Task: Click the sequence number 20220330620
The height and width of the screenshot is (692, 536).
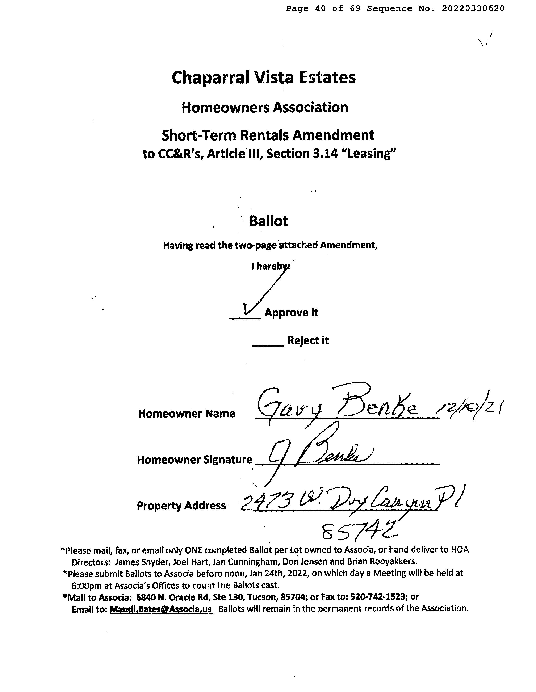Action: point(473,9)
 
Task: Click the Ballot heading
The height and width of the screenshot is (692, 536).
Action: point(268,221)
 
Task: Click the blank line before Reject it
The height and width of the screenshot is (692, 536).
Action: point(268,345)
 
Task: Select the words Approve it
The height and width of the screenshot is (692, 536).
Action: point(291,313)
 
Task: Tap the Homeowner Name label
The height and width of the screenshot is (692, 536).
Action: point(187,414)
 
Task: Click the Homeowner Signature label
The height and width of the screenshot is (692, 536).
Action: point(194,460)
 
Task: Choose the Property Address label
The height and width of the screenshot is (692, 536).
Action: point(181,506)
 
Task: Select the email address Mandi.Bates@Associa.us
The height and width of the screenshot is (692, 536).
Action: point(161,609)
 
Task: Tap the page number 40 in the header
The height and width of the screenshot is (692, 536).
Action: point(320,9)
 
